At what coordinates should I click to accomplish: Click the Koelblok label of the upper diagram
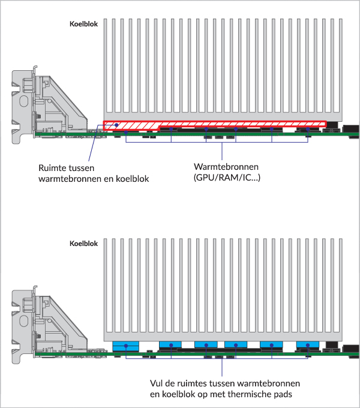[x=83, y=24]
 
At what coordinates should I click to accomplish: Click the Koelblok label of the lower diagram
[x=83, y=244]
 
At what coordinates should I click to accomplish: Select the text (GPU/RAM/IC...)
[x=227, y=178]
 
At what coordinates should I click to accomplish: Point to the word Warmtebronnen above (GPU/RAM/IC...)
[x=226, y=167]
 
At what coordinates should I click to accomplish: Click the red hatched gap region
[x=215, y=124]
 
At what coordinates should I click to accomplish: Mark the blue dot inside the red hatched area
[x=117, y=125]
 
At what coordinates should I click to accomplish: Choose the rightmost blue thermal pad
[x=308, y=344]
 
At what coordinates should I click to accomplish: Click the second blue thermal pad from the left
[x=170, y=344]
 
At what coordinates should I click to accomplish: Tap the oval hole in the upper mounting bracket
[x=23, y=101]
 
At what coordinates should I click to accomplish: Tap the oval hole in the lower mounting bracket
[x=23, y=320]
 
